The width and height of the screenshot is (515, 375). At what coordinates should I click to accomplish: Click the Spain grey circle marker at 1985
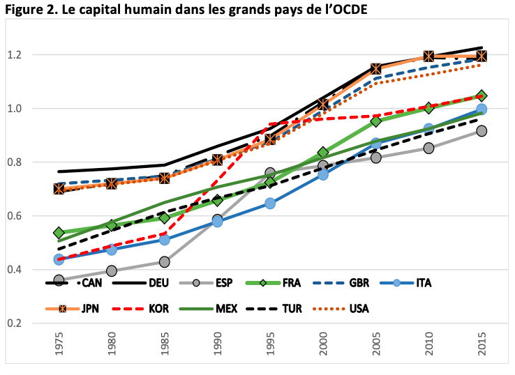(165, 261)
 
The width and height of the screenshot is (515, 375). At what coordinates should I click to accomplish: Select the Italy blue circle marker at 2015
(482, 109)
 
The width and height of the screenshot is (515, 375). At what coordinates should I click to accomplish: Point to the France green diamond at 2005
(376, 121)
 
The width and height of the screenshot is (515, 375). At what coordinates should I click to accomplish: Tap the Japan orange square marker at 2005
(376, 69)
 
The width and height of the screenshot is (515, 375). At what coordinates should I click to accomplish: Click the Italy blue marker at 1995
(270, 204)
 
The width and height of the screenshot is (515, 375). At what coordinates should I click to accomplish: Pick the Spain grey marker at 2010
(428, 148)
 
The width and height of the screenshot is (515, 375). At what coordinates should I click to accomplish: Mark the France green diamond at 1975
(59, 233)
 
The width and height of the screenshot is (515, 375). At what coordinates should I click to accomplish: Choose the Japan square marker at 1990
(217, 160)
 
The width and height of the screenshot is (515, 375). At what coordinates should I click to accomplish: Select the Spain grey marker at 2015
(482, 131)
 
